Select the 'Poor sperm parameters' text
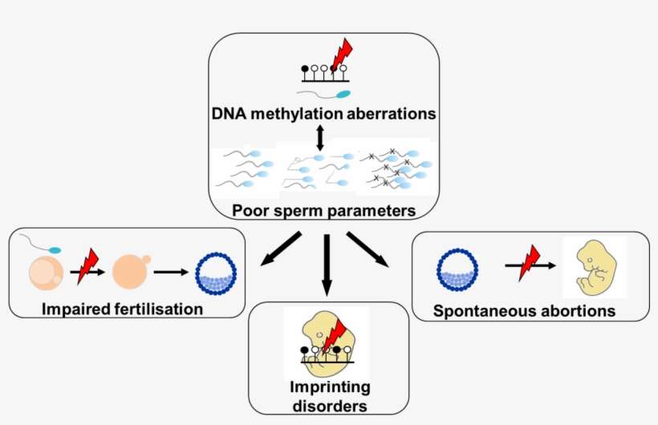(323, 212)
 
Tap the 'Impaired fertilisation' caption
(112, 310)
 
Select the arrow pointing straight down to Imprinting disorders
(326, 265)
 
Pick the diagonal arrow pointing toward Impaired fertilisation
(280, 249)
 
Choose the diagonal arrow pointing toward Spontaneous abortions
(368, 249)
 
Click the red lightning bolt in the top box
(342, 56)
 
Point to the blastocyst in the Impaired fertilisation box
(216, 272)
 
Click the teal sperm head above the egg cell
(55, 249)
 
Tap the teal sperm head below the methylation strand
(343, 93)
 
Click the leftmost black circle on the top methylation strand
(304, 69)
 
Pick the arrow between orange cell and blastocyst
(171, 272)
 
